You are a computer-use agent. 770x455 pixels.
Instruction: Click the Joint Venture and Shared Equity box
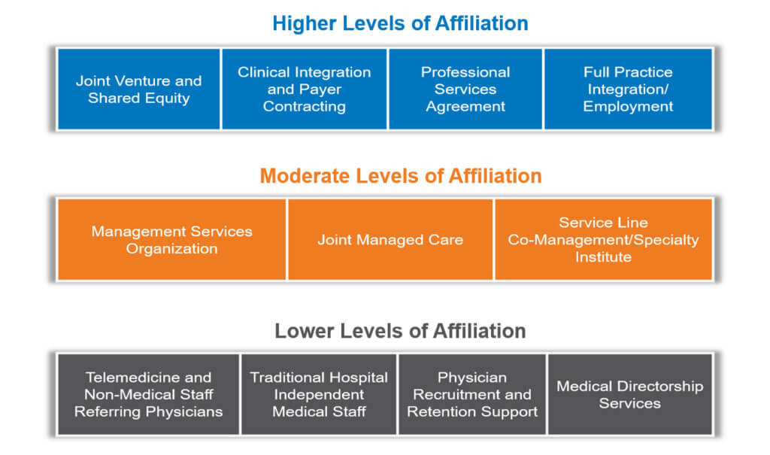click(139, 89)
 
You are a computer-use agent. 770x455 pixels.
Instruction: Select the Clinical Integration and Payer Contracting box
click(304, 89)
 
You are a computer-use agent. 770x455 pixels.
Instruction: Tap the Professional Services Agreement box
click(465, 89)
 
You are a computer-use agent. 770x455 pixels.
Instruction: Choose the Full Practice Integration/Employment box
click(628, 89)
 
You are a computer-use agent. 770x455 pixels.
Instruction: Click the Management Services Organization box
click(171, 240)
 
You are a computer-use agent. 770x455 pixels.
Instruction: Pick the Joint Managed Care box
click(390, 240)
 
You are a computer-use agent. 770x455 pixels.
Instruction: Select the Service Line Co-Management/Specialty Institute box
click(603, 240)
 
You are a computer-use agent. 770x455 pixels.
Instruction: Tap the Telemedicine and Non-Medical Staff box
click(148, 394)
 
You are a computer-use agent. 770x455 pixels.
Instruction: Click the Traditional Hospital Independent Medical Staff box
click(319, 394)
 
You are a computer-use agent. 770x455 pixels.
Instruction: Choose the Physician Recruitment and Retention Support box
click(472, 394)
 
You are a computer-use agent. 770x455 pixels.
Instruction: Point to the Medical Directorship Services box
click(629, 394)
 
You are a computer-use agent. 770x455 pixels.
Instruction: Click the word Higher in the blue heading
click(305, 23)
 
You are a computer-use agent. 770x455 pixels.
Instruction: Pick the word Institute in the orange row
click(603, 257)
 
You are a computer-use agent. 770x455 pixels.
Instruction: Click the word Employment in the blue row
click(628, 107)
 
